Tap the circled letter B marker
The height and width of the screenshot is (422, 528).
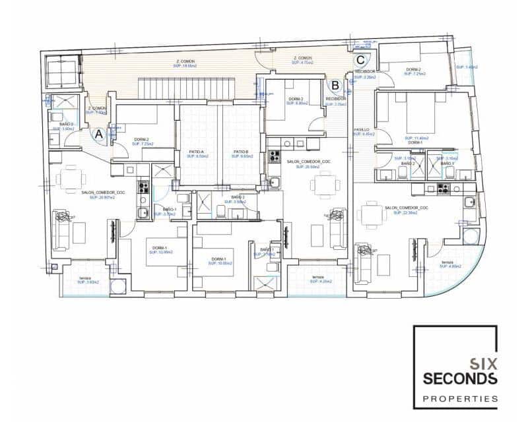[335, 85]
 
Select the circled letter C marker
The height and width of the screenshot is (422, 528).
[360, 57]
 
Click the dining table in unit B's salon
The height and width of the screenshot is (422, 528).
[324, 185]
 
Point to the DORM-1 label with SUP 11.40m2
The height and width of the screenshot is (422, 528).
[416, 140]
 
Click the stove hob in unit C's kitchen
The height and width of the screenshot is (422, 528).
[442, 189]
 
